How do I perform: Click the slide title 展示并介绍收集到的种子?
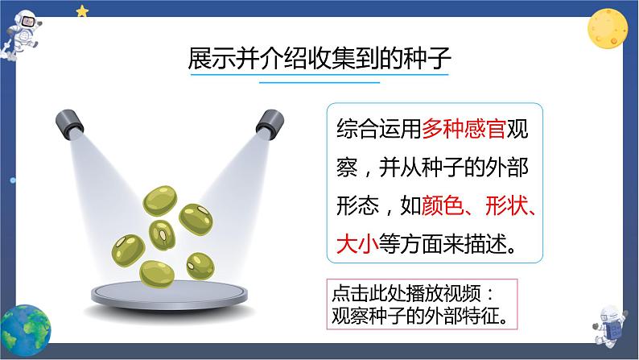319,60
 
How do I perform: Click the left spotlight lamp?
69,122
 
